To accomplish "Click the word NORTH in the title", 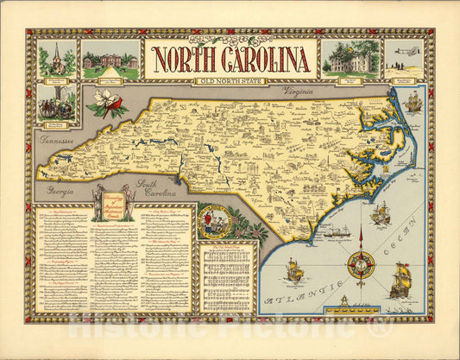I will tap(185, 60).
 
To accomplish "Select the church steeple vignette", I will tap(57, 59).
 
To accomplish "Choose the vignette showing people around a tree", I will tap(57, 103).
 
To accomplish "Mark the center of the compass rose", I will tap(361, 264).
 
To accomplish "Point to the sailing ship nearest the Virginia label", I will tap(413, 102).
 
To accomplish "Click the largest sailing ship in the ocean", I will tap(400, 281).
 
